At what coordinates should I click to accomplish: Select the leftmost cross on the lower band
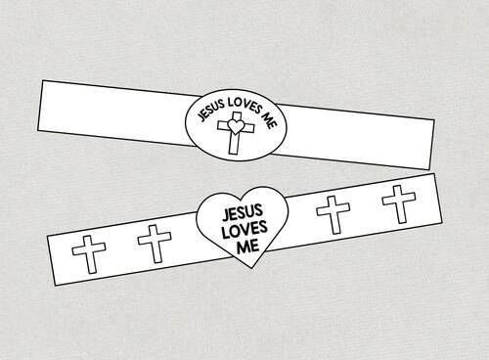click(91, 253)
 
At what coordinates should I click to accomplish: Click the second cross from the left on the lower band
click(152, 244)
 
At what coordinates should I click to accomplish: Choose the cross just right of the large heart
click(333, 213)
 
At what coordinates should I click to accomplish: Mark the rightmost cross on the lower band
click(398, 202)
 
